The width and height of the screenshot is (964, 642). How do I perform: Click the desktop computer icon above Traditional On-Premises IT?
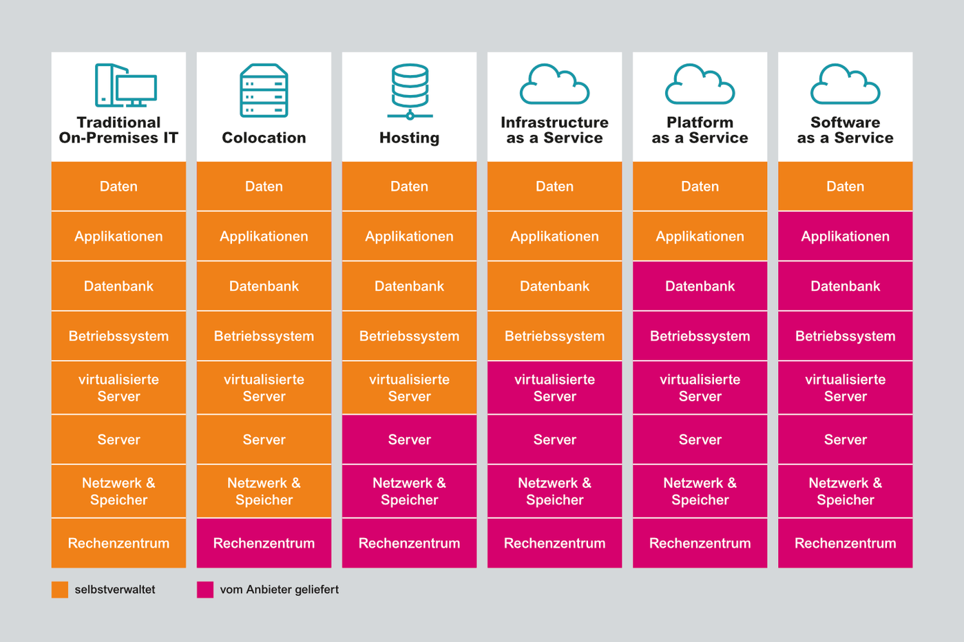(125, 85)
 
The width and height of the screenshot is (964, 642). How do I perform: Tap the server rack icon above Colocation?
(264, 90)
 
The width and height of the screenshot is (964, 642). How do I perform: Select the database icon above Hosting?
(410, 91)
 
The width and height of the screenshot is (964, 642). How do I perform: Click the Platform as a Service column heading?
(700, 130)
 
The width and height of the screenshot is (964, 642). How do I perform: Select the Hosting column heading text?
(409, 138)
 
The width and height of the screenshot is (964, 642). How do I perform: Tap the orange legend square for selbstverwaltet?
(60, 590)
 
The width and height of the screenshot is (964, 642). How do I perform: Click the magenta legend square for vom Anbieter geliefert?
(205, 590)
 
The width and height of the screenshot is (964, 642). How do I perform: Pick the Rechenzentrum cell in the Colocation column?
(264, 543)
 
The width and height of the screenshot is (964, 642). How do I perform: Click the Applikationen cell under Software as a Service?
(845, 236)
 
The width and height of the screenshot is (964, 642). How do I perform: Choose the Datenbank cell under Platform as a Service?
(700, 286)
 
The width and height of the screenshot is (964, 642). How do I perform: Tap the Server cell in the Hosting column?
(409, 439)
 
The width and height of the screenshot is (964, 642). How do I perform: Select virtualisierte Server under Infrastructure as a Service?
(554, 387)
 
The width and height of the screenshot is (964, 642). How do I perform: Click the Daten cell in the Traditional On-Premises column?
(118, 186)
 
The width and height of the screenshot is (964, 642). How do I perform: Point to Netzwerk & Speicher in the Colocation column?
(264, 491)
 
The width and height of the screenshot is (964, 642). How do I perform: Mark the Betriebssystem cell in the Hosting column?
(409, 336)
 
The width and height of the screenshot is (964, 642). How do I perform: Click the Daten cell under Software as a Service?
(845, 186)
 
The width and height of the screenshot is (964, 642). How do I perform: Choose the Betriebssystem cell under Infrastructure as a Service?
(554, 336)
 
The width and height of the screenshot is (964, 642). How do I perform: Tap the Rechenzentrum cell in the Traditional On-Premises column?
(118, 543)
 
